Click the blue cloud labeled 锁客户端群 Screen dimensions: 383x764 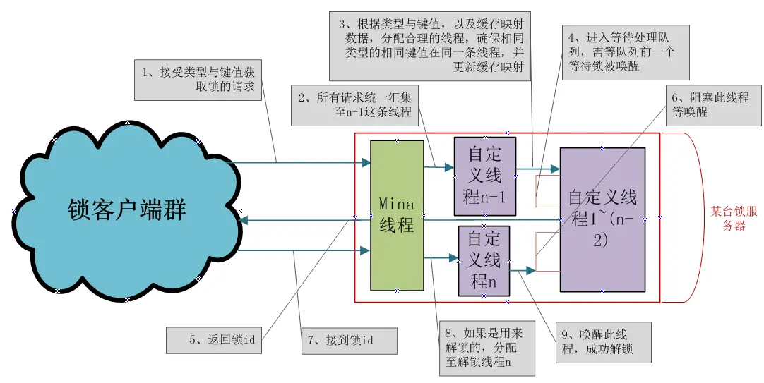click(x=127, y=210)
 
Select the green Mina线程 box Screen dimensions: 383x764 click(x=397, y=214)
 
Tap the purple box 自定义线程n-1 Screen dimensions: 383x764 click(x=484, y=176)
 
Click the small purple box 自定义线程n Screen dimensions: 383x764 click(x=484, y=260)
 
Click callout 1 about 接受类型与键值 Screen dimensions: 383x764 click(x=198, y=79)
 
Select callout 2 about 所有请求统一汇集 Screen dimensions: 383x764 click(x=353, y=105)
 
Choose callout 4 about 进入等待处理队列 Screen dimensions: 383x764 click(x=618, y=51)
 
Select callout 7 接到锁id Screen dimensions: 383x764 click(x=349, y=341)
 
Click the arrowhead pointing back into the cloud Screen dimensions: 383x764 click(x=244, y=221)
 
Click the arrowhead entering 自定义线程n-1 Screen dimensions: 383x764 click(x=449, y=168)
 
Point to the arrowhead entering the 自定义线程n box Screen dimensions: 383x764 click(x=454, y=259)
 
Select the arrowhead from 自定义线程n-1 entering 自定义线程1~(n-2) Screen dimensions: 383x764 click(x=555, y=169)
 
